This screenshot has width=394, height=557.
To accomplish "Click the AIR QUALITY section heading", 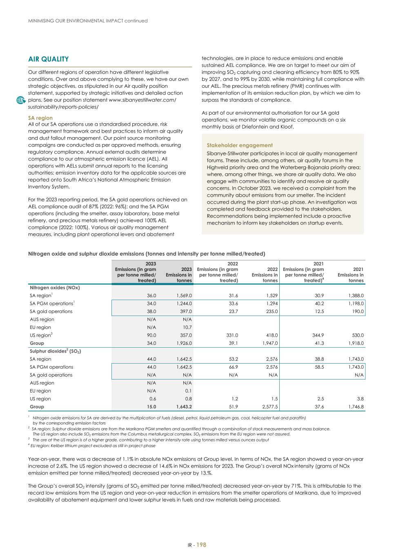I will pyautogui.click(x=48, y=59).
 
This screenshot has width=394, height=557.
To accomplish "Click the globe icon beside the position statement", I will pyautogui.click(x=20, y=100).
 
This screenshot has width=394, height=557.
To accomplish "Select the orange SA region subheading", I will pyautogui.click(x=40, y=118).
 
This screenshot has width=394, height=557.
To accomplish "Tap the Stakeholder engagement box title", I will pyautogui.click(x=240, y=145).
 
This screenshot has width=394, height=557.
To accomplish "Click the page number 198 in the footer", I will pyautogui.click(x=201, y=545).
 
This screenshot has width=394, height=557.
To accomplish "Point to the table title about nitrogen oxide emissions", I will pyautogui.click(x=146, y=254).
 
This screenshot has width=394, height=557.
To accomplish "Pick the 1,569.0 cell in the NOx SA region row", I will pyautogui.click(x=184, y=295).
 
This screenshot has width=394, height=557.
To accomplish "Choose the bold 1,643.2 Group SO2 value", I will pyautogui.click(x=184, y=407).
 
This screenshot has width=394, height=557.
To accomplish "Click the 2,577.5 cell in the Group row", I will pyautogui.click(x=270, y=407).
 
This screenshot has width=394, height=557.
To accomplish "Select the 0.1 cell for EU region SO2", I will pyautogui.click(x=188, y=391).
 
